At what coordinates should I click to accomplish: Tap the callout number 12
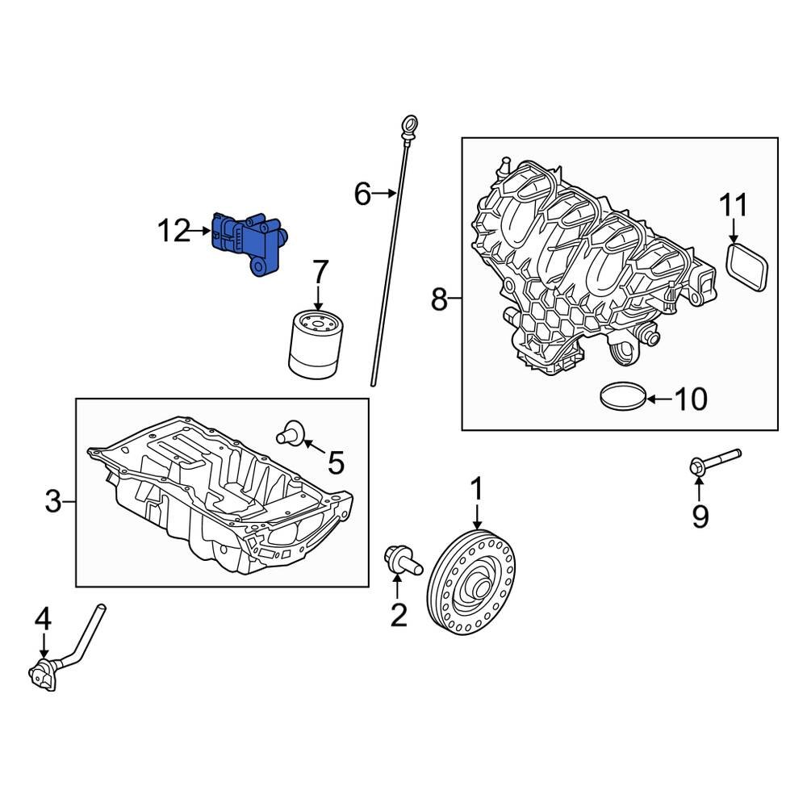173,232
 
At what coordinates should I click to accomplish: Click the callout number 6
362,194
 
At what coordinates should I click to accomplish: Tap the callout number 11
734,206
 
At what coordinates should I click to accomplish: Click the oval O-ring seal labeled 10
625,396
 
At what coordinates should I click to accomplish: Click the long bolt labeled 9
713,462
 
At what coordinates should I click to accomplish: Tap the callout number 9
700,515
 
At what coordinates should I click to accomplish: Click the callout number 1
476,489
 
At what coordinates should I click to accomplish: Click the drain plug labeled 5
291,433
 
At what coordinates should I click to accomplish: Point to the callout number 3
52,503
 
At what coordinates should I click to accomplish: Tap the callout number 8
438,300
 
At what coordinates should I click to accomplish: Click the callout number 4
43,620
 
